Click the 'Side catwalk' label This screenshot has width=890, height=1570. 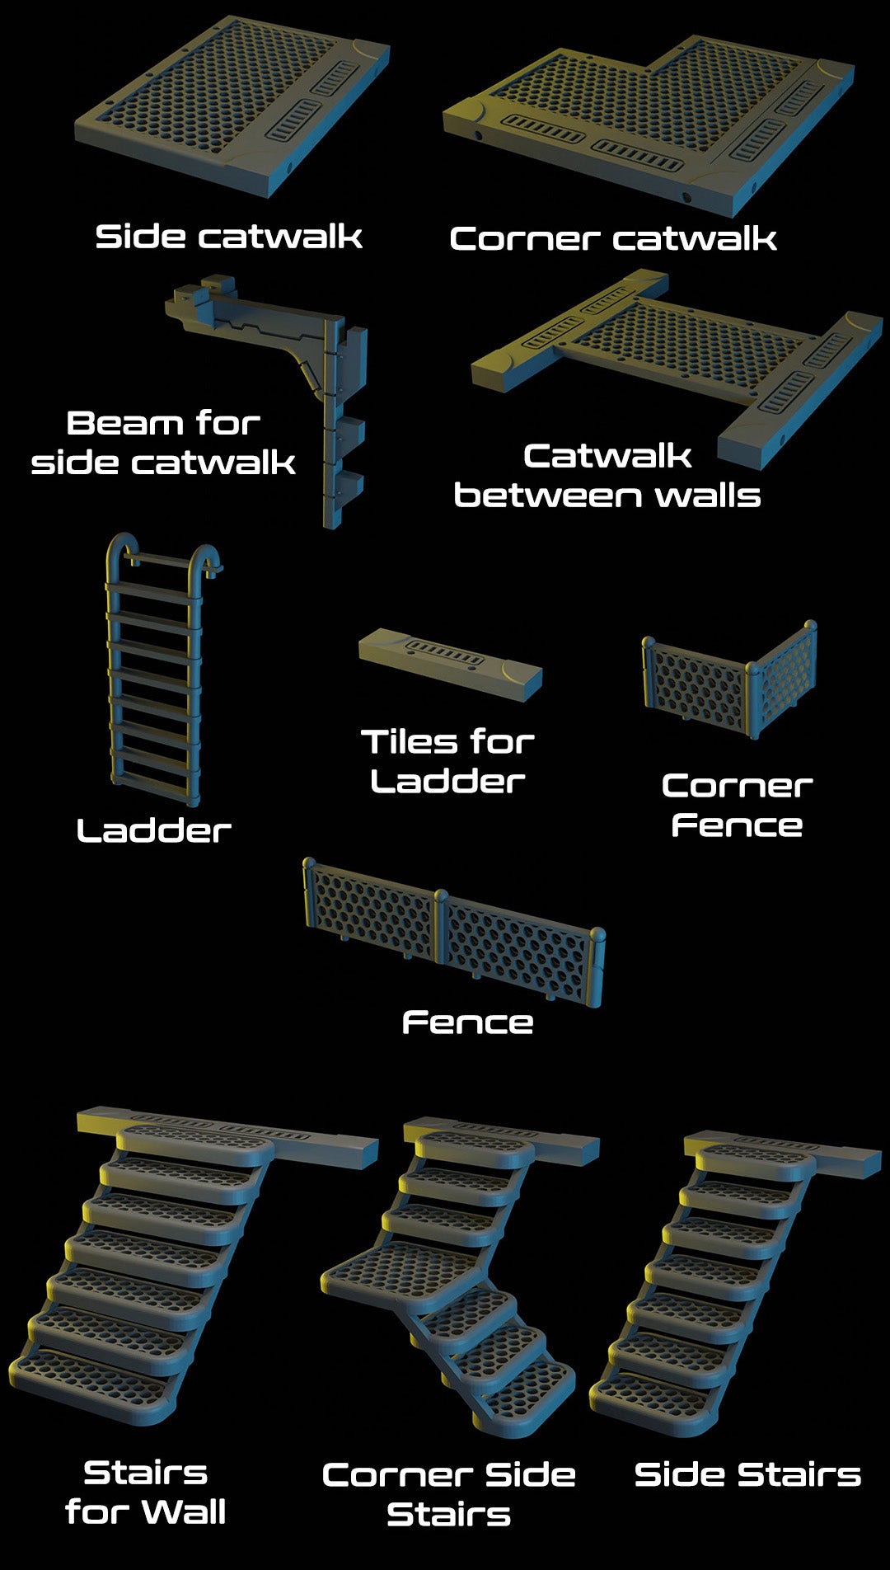(x=228, y=237)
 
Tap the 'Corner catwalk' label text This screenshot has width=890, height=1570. (x=612, y=239)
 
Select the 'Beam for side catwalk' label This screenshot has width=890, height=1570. (x=163, y=443)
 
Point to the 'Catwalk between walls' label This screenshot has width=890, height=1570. (x=607, y=476)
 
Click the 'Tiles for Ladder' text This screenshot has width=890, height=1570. (x=447, y=761)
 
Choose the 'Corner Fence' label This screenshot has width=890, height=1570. (x=737, y=805)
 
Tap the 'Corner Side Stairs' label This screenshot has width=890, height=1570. (x=448, y=1494)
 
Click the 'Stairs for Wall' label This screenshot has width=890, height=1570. (x=146, y=1492)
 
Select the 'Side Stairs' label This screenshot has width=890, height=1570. (x=747, y=1474)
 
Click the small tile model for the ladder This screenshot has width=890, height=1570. (x=450, y=663)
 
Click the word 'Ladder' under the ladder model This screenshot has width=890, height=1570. (x=153, y=830)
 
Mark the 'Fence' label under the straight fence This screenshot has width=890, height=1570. (x=467, y=1023)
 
